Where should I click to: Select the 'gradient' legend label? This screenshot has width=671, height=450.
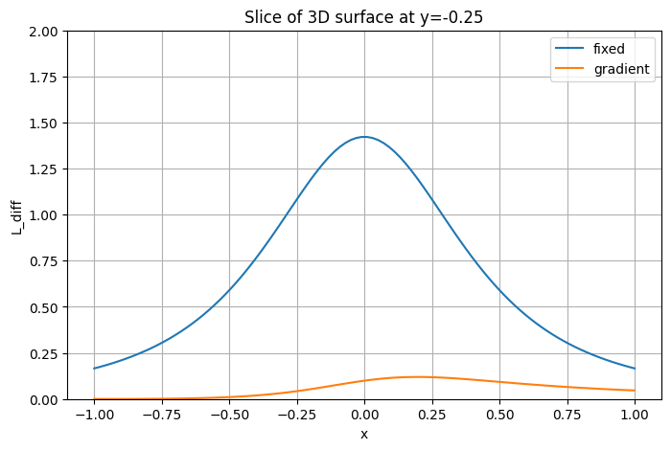[622, 69]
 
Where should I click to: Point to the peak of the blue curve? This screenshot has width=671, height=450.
[364, 137]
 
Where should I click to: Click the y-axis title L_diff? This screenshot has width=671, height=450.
[16, 215]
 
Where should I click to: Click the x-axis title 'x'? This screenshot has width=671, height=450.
[364, 434]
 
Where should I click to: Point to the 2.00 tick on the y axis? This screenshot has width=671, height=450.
[44, 32]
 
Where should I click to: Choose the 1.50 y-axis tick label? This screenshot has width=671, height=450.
[44, 124]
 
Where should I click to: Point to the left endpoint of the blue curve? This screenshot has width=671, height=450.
[94, 369]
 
